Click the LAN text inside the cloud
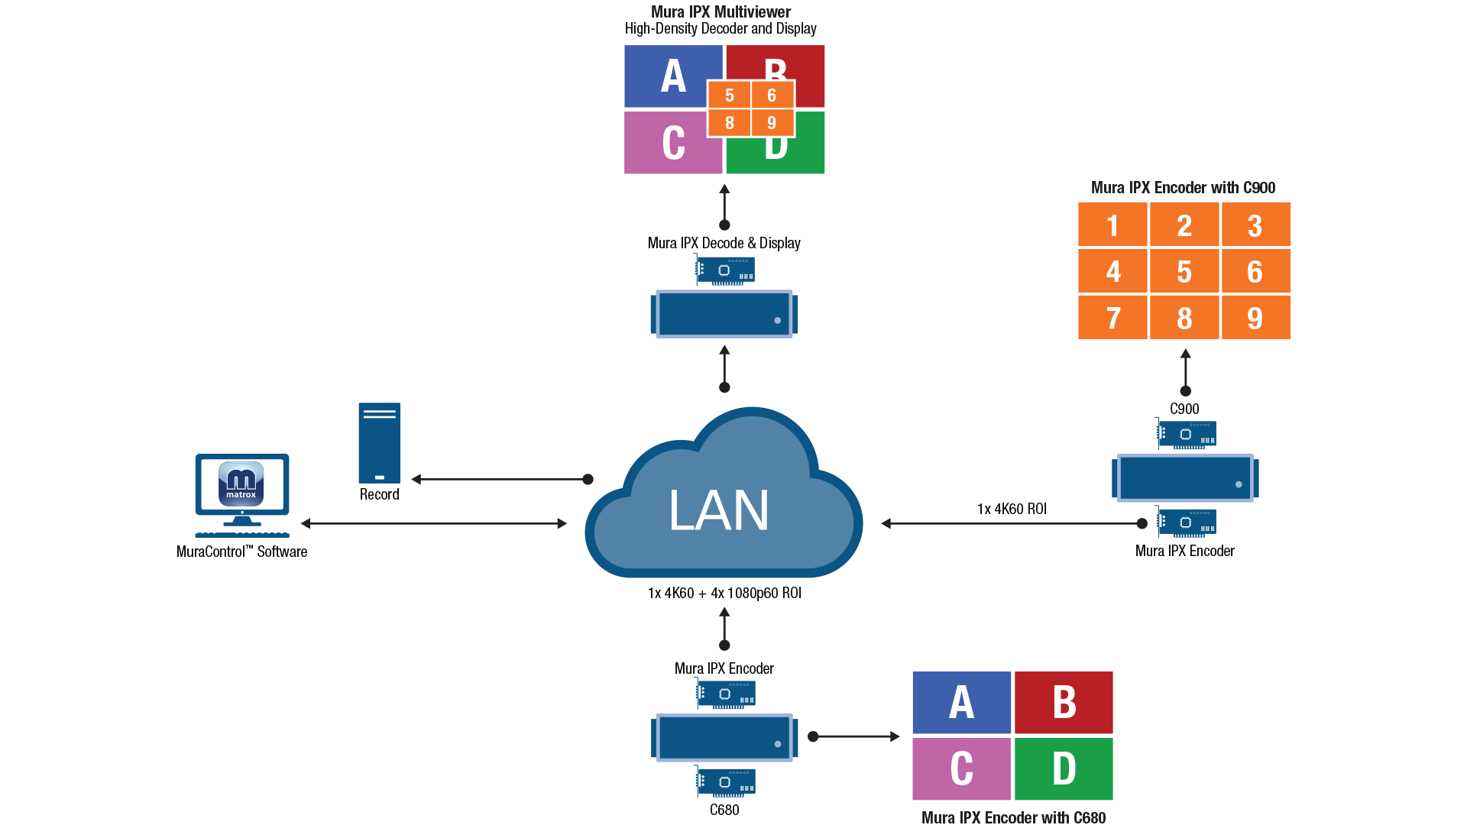coord(718,510)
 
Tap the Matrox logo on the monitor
coord(241,484)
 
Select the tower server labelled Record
coord(380,443)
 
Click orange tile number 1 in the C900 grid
coord(1112,225)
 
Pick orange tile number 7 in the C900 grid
coord(1112,317)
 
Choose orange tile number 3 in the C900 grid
coord(1255,225)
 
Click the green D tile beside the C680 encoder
coord(1064,768)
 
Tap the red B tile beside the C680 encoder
coord(1064,702)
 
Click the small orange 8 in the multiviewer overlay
coord(730,123)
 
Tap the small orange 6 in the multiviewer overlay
coord(772,95)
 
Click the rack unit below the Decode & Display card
coord(724,314)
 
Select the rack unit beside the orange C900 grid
coord(1185,478)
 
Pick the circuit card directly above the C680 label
coord(725,781)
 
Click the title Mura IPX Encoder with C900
coord(1183,188)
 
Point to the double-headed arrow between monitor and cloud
coord(434,523)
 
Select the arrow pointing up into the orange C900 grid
coord(1186,371)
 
